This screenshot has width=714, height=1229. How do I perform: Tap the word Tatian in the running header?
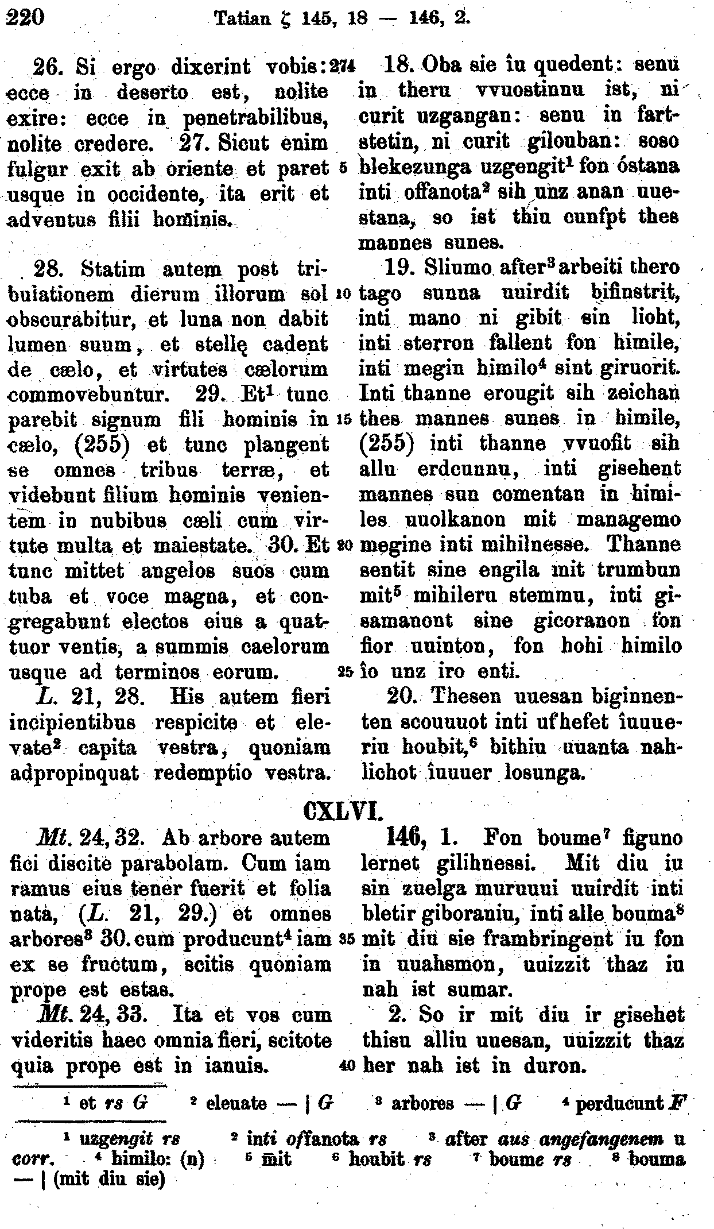tap(241, 21)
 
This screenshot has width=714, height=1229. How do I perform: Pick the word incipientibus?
tap(73, 722)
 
